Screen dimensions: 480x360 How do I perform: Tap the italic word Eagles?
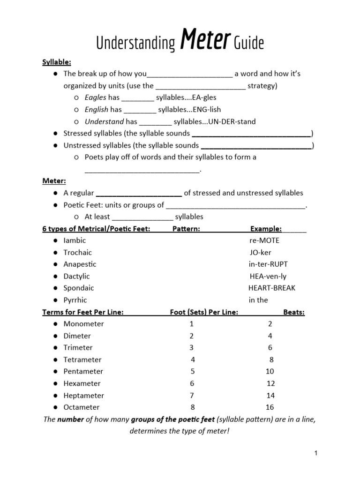pyautogui.click(x=95, y=97)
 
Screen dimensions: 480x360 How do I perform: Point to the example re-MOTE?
pyautogui.click(x=264, y=240)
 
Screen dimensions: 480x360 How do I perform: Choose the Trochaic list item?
pyautogui.click(x=78, y=253)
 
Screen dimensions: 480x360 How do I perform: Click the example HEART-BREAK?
pyautogui.click(x=272, y=288)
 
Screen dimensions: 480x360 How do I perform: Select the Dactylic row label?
pyautogui.click(x=76, y=276)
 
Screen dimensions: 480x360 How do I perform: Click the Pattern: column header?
pyautogui.click(x=186, y=229)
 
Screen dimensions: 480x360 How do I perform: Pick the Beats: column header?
pyautogui.click(x=294, y=312)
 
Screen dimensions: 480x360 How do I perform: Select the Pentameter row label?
pyautogui.click(x=83, y=372)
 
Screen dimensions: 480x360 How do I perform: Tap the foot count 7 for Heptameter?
pyautogui.click(x=192, y=396)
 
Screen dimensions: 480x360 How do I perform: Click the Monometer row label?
pyautogui.click(x=84, y=324)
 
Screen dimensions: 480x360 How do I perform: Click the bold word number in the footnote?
pyautogui.click(x=70, y=420)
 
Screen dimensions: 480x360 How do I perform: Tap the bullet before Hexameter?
pyautogui.click(x=55, y=383)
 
